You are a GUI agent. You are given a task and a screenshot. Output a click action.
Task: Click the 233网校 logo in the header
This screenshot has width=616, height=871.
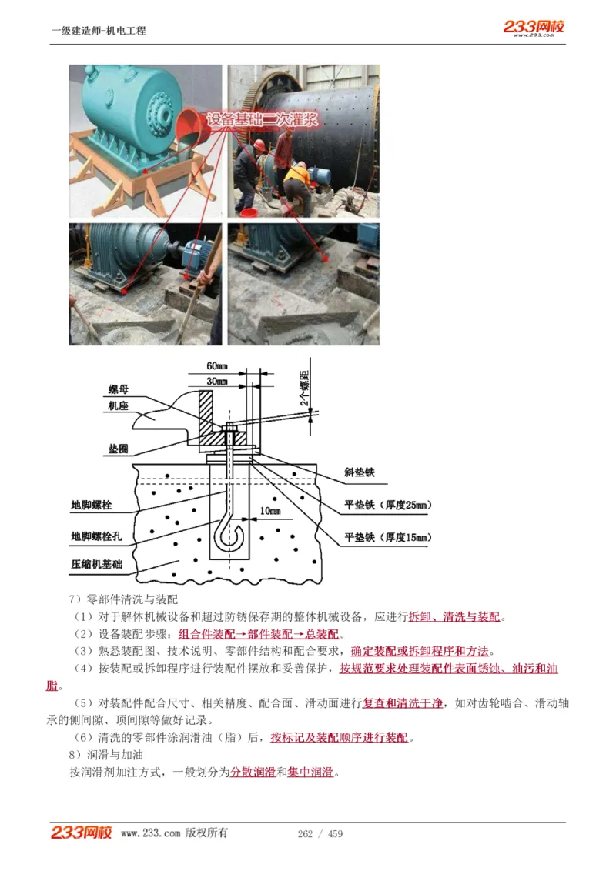pyautogui.click(x=534, y=27)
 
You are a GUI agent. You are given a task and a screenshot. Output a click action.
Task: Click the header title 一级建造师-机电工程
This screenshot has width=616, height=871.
pyautogui.click(x=99, y=31)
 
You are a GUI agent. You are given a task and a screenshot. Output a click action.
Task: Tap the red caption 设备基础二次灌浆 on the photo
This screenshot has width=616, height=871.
pyautogui.click(x=261, y=121)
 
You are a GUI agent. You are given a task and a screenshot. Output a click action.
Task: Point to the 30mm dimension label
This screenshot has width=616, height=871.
pyautogui.click(x=217, y=381)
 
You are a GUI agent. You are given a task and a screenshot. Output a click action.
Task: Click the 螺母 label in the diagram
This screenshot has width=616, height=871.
pyautogui.click(x=118, y=391)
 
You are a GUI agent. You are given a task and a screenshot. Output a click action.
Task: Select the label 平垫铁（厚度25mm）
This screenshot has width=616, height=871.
pyautogui.click(x=387, y=506)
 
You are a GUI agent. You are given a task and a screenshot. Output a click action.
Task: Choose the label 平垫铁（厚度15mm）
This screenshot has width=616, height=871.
pyautogui.click(x=387, y=537)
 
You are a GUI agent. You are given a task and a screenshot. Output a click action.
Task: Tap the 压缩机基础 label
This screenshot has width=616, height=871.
pyautogui.click(x=96, y=564)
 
